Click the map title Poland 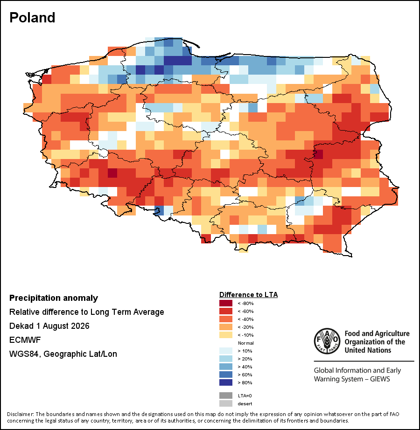32,18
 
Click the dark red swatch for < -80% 226,303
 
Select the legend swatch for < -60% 226,311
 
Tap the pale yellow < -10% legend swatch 226,335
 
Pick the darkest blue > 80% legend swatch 226,382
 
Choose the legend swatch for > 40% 226,367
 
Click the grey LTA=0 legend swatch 226,395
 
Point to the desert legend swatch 226,403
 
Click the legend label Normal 246,343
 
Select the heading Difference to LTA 249,295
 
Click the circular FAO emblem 327,341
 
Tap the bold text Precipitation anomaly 54,298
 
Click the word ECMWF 25,340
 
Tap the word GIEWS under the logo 380,379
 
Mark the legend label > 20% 245,359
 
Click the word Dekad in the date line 21,326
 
